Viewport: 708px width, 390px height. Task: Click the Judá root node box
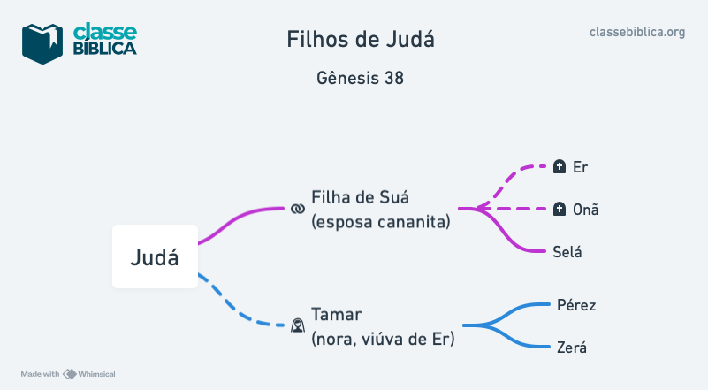click(155, 256)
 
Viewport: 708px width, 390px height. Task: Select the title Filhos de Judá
click(361, 40)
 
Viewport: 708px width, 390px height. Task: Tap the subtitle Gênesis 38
click(361, 78)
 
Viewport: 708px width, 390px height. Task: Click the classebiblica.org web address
click(637, 32)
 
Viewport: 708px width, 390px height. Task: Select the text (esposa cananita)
click(381, 221)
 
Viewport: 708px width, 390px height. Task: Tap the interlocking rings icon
click(297, 209)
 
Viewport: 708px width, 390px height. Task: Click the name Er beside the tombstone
click(580, 166)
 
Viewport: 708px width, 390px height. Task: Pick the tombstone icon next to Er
click(559, 166)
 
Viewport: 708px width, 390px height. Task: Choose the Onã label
click(585, 210)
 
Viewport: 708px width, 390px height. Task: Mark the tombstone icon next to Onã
click(559, 210)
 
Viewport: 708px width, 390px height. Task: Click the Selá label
click(567, 252)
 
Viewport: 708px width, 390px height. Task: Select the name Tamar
click(337, 314)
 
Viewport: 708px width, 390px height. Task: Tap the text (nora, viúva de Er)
click(383, 338)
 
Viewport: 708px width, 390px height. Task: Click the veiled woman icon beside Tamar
click(298, 326)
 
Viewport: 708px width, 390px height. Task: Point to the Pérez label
click(576, 305)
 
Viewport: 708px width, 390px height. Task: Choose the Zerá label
click(572, 348)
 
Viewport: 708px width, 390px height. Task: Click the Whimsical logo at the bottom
click(89, 374)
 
